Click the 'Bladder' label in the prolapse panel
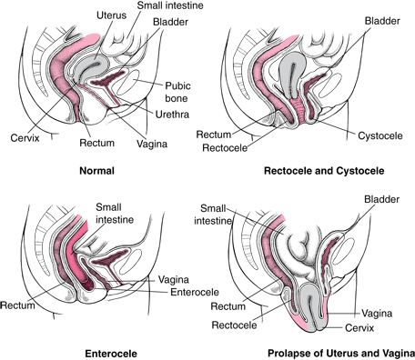(x=381, y=197)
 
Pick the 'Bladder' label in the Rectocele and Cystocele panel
(x=380, y=19)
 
